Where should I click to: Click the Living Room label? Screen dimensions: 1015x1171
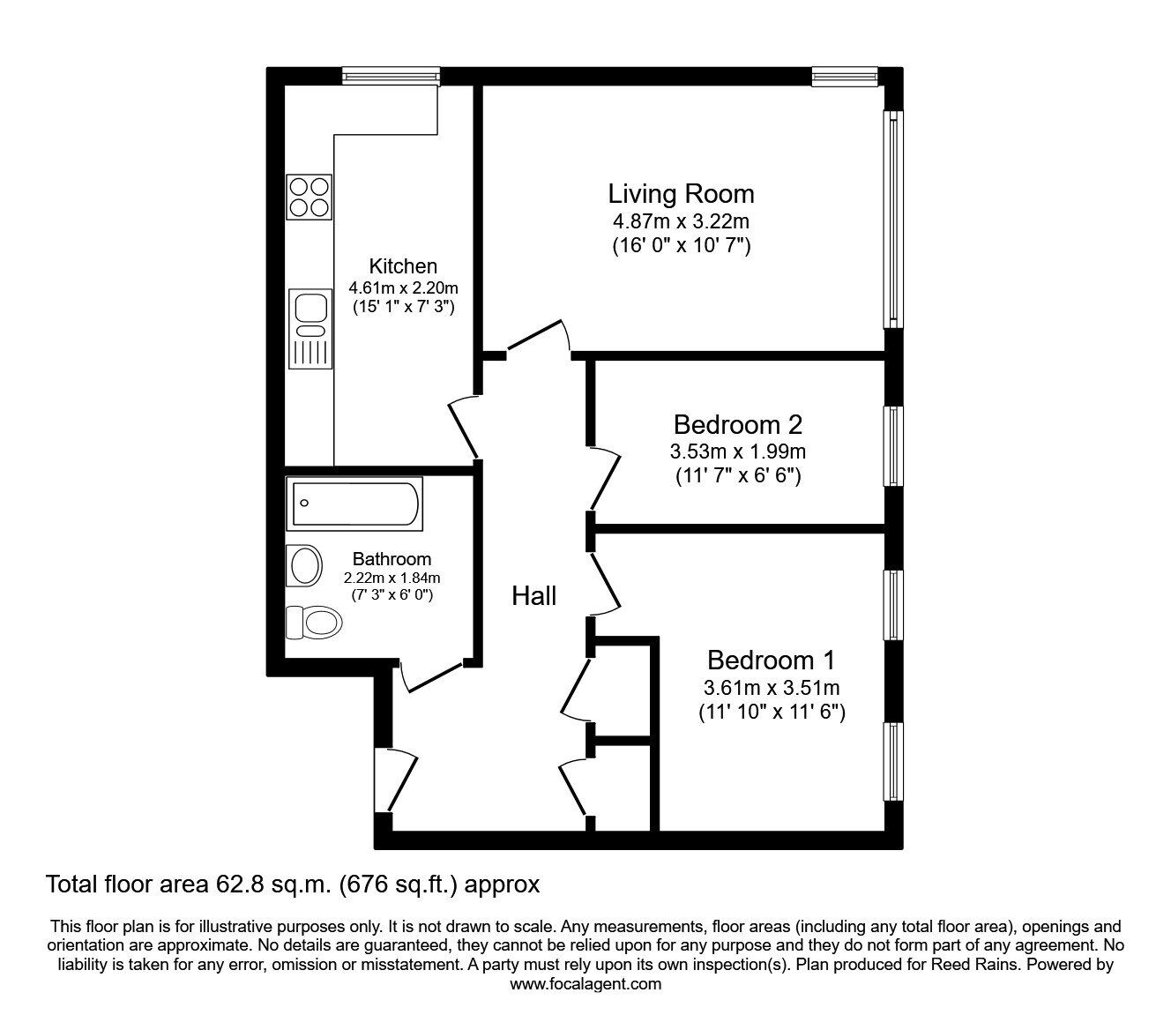[x=681, y=194]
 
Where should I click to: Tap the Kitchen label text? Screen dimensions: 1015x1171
[x=403, y=266]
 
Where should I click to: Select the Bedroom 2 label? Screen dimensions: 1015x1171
[x=738, y=425]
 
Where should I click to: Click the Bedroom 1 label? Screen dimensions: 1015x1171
[x=771, y=660]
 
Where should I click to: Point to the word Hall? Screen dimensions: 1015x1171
[x=534, y=597]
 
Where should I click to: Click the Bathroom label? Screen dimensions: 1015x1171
[x=392, y=559]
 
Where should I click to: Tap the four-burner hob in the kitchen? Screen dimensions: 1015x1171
[x=310, y=196]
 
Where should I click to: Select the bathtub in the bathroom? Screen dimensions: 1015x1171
[x=354, y=504]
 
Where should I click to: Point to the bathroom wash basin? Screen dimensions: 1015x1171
[x=306, y=564]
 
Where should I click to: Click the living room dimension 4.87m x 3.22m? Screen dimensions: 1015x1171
[x=681, y=221]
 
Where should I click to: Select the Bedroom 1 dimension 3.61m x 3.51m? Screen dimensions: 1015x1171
[x=771, y=687]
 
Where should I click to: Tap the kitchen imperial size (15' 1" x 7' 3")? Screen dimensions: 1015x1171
[x=403, y=308]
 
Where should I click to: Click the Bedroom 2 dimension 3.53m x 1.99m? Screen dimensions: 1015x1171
[x=738, y=452]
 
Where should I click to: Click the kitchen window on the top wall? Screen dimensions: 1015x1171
[x=391, y=76]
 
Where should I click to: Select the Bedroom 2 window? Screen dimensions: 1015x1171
[x=894, y=445]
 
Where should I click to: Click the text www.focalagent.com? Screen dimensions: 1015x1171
[x=585, y=984]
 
